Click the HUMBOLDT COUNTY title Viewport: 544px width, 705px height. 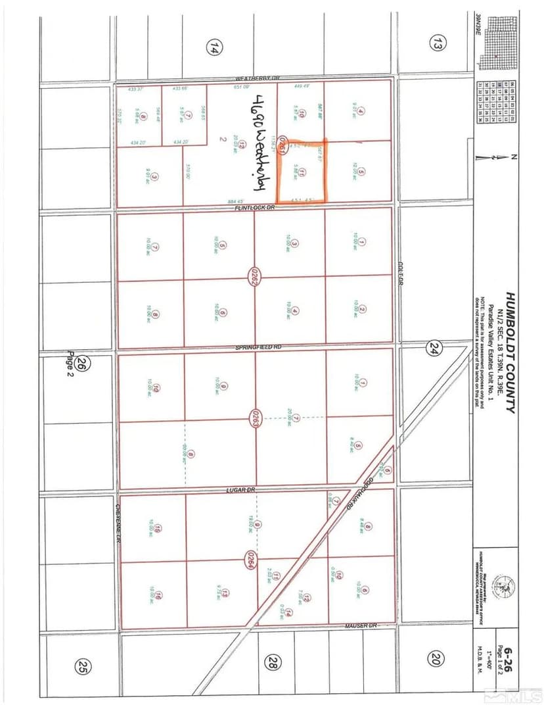510,352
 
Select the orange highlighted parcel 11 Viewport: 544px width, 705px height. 302,172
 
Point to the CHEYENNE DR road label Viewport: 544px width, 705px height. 119,523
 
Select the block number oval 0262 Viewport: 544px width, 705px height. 252,278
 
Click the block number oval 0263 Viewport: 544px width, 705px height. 254,418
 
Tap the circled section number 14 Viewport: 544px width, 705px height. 212,47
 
